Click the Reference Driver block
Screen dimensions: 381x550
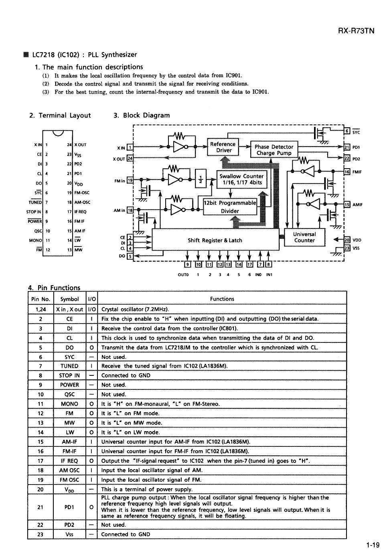[223, 147]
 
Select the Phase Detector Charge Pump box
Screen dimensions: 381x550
[274, 149]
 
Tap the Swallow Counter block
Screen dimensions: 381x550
[242, 179]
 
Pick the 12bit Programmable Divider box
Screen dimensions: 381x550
[230, 206]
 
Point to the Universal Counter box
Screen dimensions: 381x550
[304, 237]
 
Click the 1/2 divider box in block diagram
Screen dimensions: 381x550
[201, 179]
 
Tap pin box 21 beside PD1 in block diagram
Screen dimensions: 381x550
[347, 147]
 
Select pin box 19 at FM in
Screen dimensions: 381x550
[130, 181]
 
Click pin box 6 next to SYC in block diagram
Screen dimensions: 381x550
[347, 131]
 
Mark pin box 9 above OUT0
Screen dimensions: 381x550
[188, 265]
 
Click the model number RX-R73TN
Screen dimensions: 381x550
[356, 31]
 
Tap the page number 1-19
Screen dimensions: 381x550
[373, 545]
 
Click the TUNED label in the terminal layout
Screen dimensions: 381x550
[35, 202]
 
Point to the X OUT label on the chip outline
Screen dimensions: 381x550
[81, 145]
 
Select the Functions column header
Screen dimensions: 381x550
[222, 299]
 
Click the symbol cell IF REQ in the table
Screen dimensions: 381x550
[69, 461]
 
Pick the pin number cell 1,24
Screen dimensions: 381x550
[41, 310]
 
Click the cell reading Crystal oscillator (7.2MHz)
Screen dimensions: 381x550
[135, 309]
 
